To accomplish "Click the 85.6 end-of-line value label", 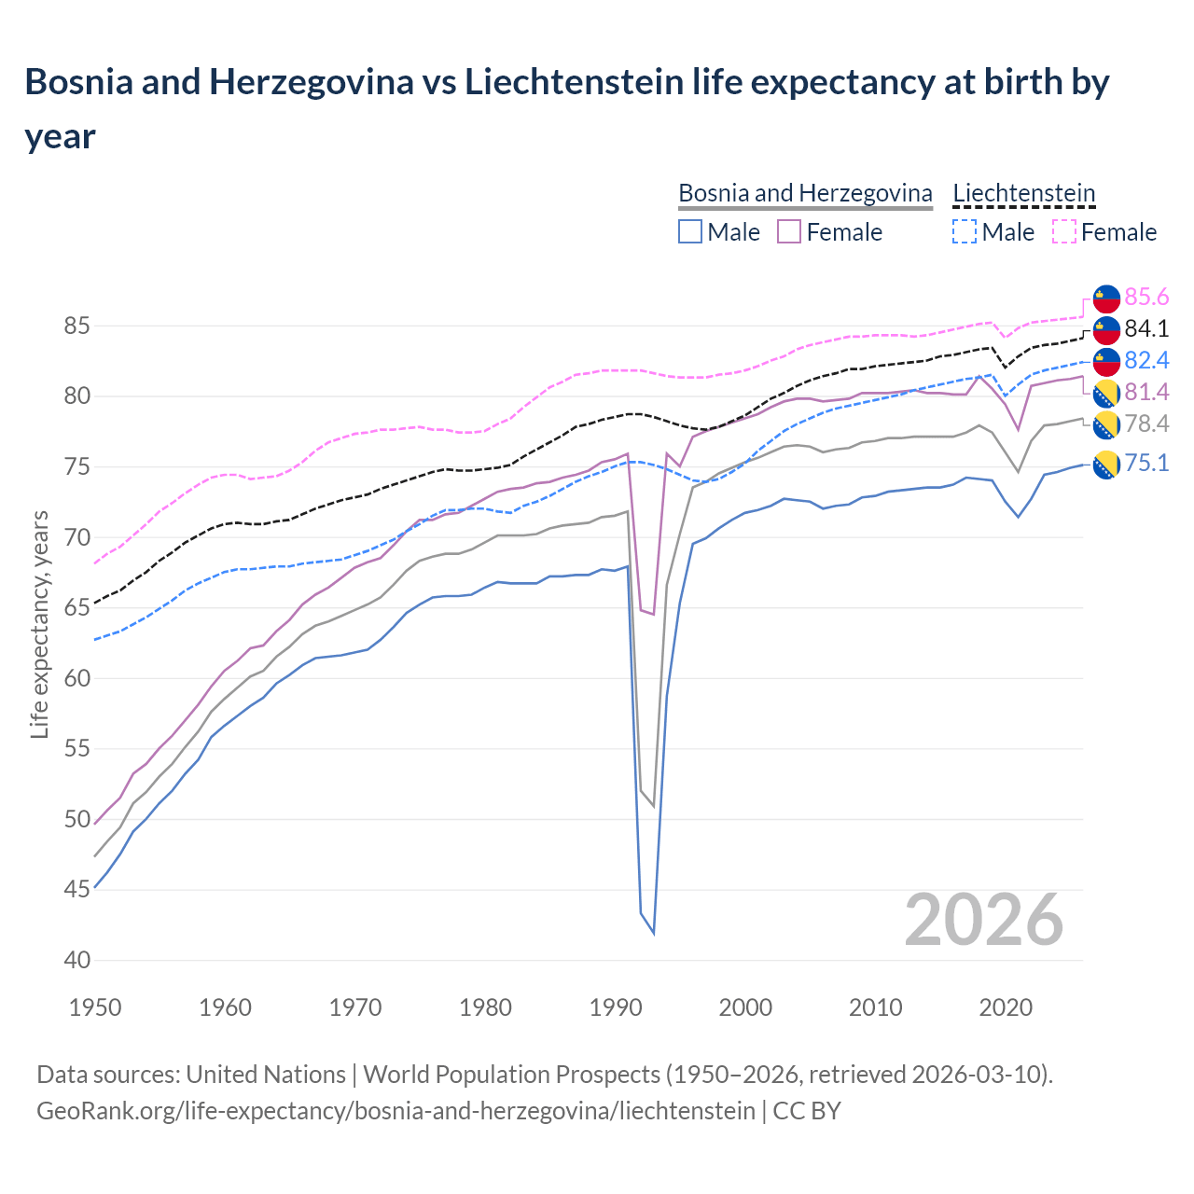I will click(1146, 298).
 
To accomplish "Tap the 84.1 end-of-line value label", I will click(1146, 329).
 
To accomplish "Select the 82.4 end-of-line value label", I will click(1146, 361).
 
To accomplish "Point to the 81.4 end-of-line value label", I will click(1146, 392).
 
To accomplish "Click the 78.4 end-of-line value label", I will click(1146, 424).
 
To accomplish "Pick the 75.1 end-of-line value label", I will click(1146, 464).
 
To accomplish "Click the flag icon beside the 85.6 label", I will click(1106, 298).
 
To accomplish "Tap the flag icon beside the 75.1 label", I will click(1106, 465).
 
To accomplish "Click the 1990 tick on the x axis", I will click(616, 1007).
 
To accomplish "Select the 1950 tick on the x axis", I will click(95, 1007).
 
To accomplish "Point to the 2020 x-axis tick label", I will click(1006, 1007).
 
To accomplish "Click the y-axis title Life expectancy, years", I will click(39, 624).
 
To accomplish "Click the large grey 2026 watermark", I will click(984, 920).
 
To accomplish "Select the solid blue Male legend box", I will click(690, 231).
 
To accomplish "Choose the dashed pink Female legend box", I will click(1063, 231).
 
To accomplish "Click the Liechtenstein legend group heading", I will click(1023, 193).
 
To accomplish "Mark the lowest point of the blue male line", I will click(654, 933).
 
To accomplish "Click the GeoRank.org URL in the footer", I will click(396, 1111).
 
